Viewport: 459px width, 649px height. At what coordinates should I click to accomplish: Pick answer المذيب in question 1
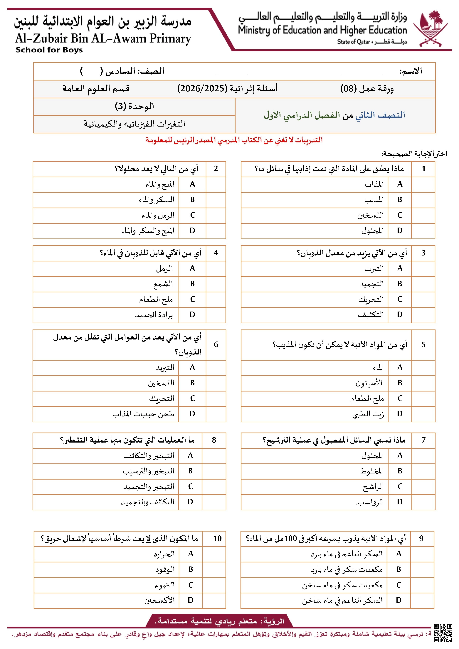pyautogui.click(x=374, y=200)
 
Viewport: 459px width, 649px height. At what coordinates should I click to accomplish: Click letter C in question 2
pyautogui.click(x=192, y=215)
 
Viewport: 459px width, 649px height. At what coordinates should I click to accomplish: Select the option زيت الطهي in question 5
pyautogui.click(x=368, y=414)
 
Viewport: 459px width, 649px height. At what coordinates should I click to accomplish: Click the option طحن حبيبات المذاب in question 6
pyautogui.click(x=143, y=414)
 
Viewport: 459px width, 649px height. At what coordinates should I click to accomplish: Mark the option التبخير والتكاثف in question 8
pyautogui.click(x=149, y=456)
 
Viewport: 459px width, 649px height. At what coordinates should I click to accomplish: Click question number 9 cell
pyautogui.click(x=421, y=539)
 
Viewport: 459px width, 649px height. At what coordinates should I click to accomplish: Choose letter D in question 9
pyautogui.click(x=399, y=600)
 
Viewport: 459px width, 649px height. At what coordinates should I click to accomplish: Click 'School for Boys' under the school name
pyautogui.click(x=49, y=50)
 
